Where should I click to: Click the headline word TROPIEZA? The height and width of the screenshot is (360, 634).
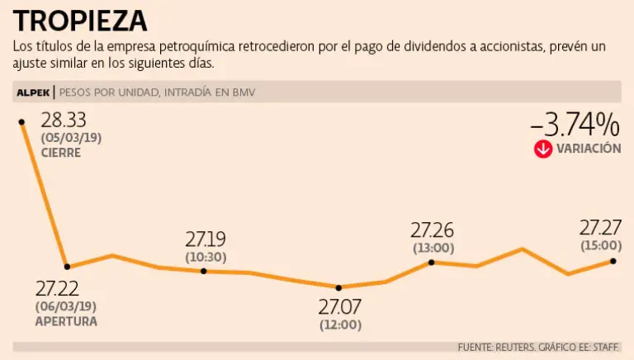[81, 20]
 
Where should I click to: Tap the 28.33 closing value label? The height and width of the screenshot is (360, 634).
[64, 121]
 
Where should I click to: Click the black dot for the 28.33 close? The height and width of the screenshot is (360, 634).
[21, 121]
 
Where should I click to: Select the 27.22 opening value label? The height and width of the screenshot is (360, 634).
[58, 288]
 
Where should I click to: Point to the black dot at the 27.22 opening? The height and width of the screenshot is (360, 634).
[68, 266]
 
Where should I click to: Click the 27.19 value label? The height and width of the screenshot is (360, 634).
[206, 239]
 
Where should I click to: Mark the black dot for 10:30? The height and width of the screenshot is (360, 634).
[204, 270]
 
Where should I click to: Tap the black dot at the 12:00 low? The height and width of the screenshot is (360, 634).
[339, 287]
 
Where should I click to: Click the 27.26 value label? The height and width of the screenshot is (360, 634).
[433, 230]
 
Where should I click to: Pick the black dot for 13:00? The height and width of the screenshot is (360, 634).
[432, 262]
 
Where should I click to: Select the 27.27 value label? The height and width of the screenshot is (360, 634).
[600, 227]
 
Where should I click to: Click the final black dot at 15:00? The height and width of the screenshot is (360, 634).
[613, 261]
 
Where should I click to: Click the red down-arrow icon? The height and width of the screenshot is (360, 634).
[542, 149]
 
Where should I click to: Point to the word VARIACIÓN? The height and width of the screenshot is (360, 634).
[589, 149]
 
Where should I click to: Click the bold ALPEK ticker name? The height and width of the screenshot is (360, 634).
[33, 92]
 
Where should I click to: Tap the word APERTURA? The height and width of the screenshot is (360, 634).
[66, 321]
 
